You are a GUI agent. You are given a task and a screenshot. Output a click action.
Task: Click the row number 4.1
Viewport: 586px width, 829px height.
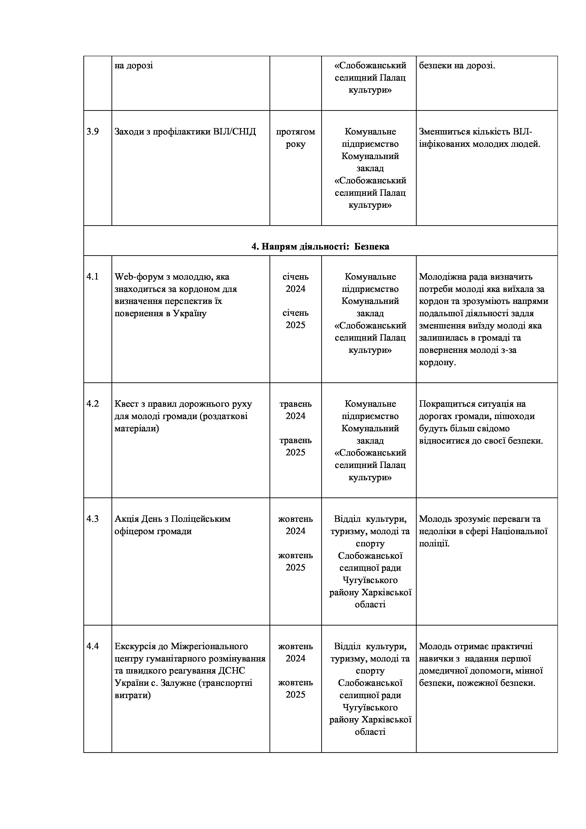[92, 277]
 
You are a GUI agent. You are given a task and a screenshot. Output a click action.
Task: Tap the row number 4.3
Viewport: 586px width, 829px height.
[92, 519]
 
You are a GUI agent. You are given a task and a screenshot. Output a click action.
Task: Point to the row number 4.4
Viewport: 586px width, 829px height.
[92, 646]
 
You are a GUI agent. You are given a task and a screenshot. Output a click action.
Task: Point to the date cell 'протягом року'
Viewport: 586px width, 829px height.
[295, 138]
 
